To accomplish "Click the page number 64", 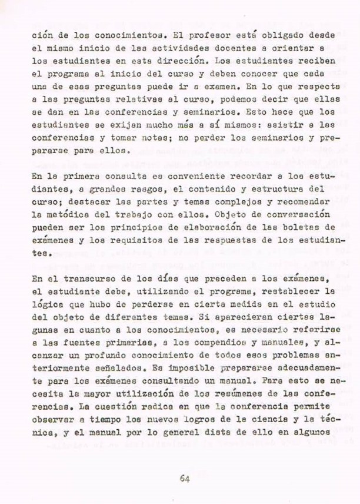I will [184, 479].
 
